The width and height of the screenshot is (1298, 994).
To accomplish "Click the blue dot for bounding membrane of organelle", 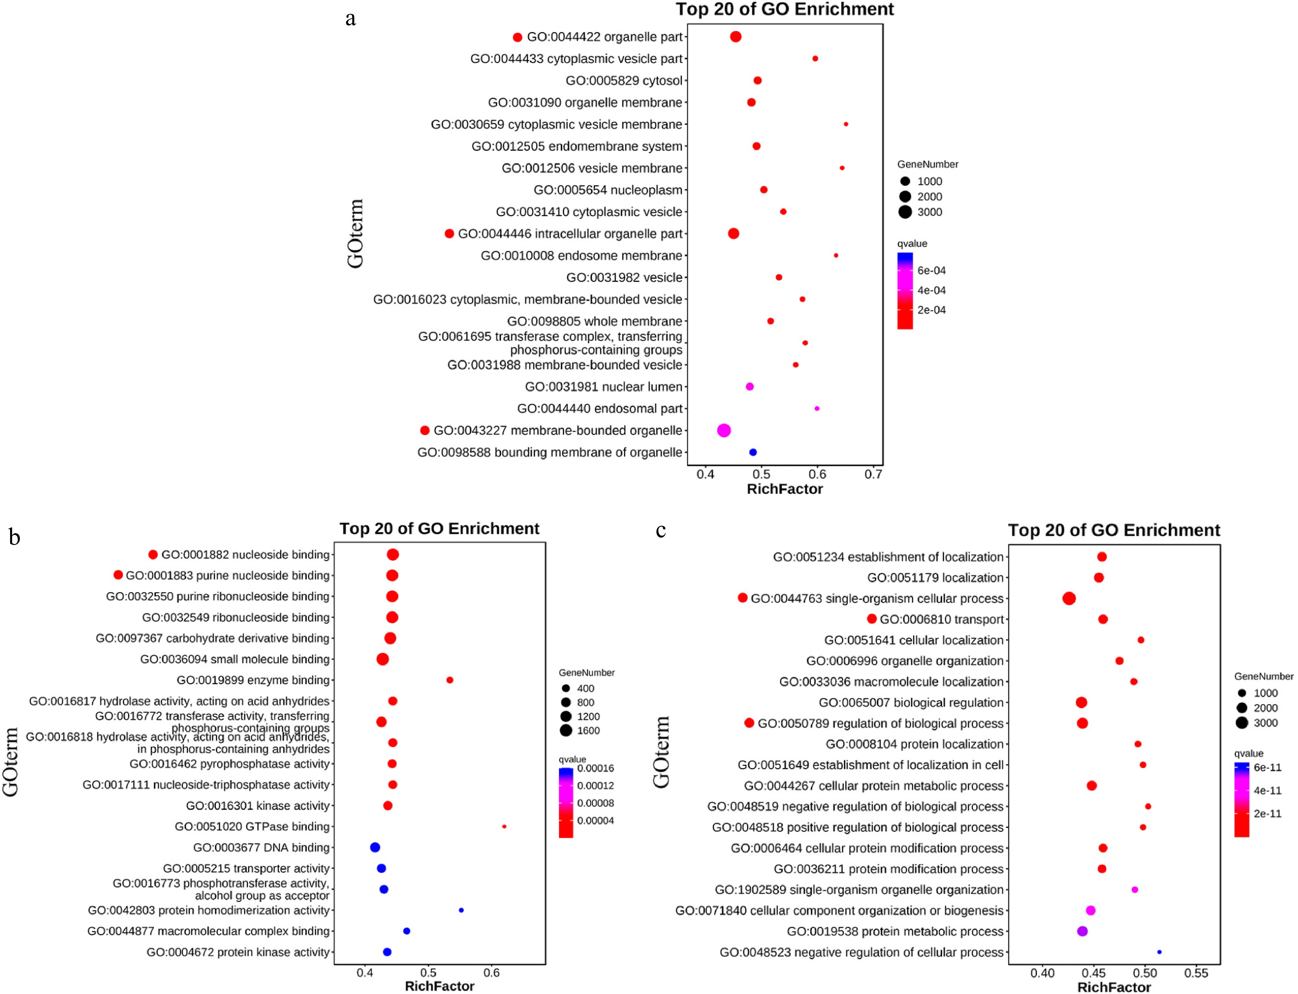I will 753,452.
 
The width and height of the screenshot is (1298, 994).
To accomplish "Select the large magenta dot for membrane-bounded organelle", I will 724,430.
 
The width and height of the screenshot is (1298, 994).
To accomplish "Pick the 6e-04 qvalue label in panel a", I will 931,270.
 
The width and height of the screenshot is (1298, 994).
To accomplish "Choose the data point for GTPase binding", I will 504,827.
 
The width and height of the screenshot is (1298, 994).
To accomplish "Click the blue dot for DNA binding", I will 375,847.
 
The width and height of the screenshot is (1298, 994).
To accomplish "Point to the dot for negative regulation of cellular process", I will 1159,952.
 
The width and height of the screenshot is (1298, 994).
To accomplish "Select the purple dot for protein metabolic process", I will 1082,931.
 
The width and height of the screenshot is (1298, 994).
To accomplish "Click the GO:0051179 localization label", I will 935,577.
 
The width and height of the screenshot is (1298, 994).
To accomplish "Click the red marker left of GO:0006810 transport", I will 871,619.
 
